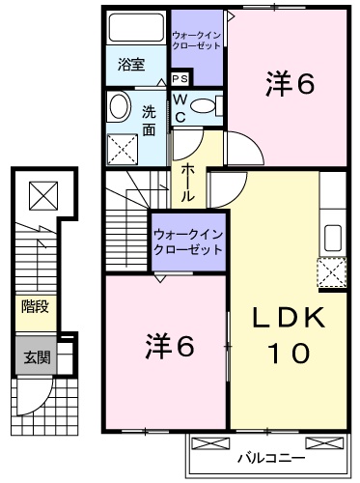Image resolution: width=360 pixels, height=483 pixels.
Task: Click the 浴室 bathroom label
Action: click(x=132, y=65)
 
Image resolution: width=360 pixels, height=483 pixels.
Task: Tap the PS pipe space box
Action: click(x=180, y=79)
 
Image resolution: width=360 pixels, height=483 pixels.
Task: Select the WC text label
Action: click(x=180, y=107)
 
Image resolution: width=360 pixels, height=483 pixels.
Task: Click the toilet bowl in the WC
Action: click(x=206, y=106)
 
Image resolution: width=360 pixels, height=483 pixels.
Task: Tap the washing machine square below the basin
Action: click(x=125, y=148)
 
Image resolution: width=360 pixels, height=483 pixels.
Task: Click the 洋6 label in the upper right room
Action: click(x=291, y=85)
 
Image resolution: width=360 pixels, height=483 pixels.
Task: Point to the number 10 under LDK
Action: click(x=286, y=354)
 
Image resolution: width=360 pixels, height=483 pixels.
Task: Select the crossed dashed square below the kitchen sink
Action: click(x=332, y=273)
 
